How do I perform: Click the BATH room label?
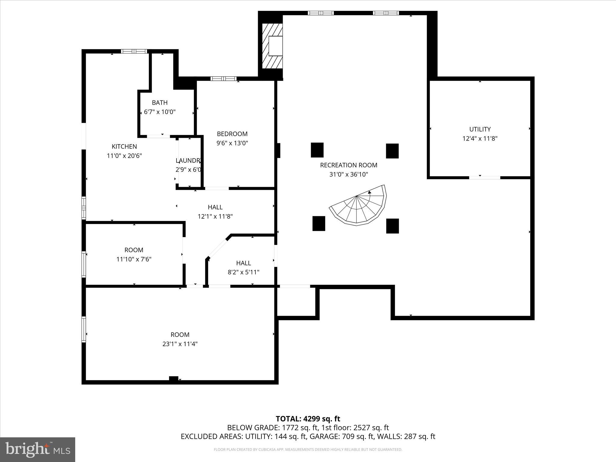pos(160,103)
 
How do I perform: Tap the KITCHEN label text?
pos(124,146)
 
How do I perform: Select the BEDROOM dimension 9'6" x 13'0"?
pos(232,143)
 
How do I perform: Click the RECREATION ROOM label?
pos(349,165)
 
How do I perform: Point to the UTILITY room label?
pos(480,129)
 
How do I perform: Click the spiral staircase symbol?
pos(358,206)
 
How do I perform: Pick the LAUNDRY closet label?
pos(188,161)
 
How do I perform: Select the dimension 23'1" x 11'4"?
pos(180,344)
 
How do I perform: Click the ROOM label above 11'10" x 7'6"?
pos(134,250)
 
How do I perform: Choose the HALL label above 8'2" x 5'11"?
pos(243,263)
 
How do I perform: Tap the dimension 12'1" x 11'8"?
pos(215,216)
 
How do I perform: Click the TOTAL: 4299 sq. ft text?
pos(308,419)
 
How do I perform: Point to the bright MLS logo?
pos(38,449)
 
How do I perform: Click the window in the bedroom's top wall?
pos(223,79)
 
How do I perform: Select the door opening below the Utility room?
pos(485,178)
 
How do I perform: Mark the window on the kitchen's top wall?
pos(134,51)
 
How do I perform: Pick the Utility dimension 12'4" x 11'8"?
pos(480,139)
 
